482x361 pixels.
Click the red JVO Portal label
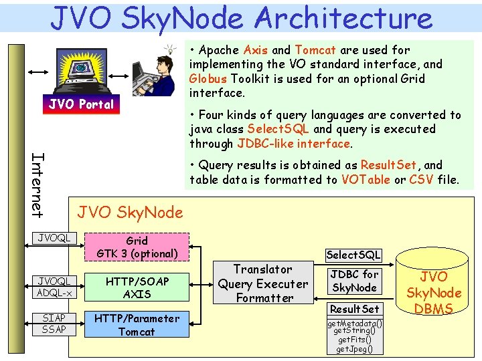click(x=80, y=104)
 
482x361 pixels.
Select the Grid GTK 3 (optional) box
click(x=137, y=247)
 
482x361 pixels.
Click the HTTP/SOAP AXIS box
click(x=137, y=287)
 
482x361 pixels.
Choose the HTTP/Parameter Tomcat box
click(x=137, y=325)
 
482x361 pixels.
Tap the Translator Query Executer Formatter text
click(x=263, y=283)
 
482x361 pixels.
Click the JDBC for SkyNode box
click(x=354, y=281)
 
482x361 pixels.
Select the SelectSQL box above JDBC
click(x=353, y=254)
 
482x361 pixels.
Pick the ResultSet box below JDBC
click(x=354, y=309)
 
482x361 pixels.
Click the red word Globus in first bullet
click(x=208, y=78)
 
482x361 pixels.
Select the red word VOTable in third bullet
click(x=366, y=179)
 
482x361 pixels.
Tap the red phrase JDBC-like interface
click(x=294, y=143)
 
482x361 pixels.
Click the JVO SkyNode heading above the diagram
click(x=130, y=213)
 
